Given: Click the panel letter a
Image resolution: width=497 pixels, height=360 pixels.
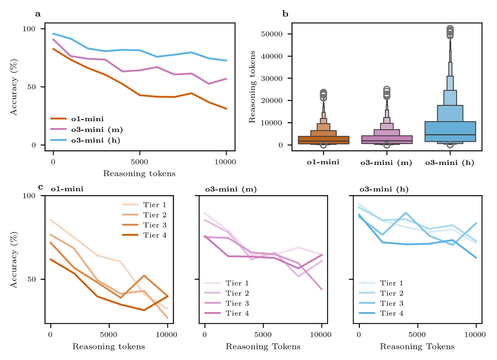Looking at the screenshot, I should click(38, 14).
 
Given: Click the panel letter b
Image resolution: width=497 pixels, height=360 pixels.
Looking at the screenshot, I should click(285, 14).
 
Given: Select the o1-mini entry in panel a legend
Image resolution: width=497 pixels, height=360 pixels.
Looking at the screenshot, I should click(87, 119).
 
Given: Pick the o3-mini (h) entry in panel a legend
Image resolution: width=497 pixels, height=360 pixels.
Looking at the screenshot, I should click(95, 141).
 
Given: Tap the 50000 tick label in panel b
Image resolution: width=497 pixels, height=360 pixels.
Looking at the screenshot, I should click(271, 34).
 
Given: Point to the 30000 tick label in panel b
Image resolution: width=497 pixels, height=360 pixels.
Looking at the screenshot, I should click(271, 78).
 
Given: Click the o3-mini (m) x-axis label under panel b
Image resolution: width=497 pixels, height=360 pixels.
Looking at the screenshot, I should click(386, 163).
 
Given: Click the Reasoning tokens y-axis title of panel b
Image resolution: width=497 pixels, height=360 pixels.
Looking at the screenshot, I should click(252, 87).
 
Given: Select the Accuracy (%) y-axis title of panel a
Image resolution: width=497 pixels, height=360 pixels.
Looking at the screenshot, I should click(14, 87).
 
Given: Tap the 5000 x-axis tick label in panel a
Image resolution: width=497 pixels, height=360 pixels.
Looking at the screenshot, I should click(140, 162).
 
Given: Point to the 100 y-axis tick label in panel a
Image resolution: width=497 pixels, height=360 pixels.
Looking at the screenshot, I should click(29, 29).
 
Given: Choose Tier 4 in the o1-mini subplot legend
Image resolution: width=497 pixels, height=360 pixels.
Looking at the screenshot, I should click(154, 235).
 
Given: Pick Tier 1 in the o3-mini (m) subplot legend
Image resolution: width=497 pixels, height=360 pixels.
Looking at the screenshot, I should click(237, 283).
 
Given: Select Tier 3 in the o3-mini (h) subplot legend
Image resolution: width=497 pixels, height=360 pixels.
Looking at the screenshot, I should click(391, 303).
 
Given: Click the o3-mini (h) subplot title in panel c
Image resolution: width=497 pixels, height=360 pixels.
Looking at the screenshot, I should click(384, 190).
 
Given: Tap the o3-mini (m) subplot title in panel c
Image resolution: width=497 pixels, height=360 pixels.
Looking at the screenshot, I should click(231, 190).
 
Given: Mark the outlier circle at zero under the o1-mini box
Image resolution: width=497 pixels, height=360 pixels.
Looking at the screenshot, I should click(323, 145).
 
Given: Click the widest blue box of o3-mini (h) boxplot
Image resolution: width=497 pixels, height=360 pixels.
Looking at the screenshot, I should click(450, 132).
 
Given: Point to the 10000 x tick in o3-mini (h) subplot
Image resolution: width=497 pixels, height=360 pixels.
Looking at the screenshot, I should click(475, 335).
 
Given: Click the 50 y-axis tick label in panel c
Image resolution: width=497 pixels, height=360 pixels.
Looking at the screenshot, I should click(32, 279).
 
